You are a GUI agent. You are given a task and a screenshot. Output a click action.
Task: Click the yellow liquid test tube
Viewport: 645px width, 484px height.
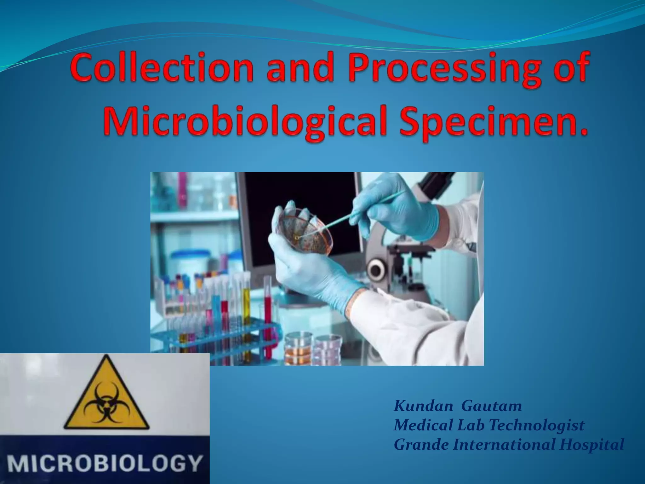click(247, 315)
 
